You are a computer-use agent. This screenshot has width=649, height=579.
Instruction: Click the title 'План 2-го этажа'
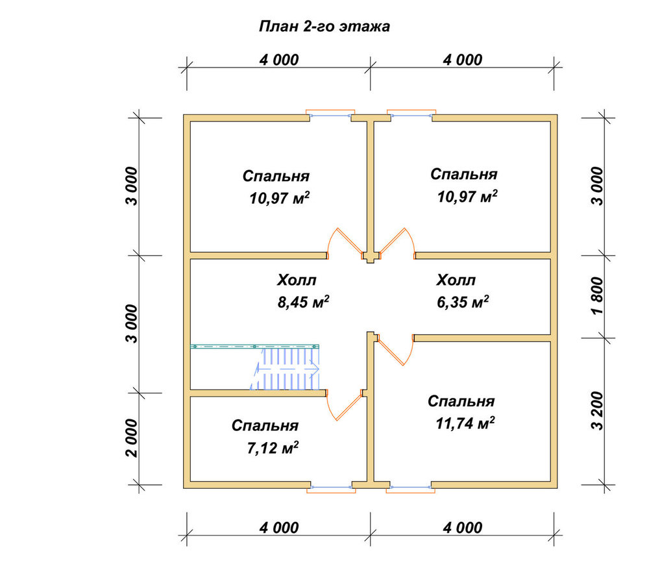[324, 26]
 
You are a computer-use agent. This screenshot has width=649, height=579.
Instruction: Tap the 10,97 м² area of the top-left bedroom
[279, 198]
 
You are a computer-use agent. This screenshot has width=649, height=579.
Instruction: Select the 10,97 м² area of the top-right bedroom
[467, 196]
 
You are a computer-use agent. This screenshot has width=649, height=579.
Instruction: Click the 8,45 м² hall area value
[303, 302]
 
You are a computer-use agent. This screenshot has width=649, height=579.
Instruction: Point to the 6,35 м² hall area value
[463, 302]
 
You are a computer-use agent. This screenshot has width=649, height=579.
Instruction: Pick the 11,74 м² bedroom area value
[465, 423]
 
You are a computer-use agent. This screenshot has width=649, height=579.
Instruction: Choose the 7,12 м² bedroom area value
[273, 447]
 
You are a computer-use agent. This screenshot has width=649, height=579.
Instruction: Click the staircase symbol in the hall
[285, 368]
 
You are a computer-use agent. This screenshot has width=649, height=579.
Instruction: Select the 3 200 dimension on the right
[597, 410]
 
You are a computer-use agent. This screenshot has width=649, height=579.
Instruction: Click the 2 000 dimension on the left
[131, 438]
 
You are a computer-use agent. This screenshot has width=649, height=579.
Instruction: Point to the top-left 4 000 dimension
[279, 60]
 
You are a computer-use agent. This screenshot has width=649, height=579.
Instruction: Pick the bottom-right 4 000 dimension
[462, 528]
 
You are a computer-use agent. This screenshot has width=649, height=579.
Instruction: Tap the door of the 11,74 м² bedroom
[395, 351]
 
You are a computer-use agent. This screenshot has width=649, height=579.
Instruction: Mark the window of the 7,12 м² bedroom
[331, 488]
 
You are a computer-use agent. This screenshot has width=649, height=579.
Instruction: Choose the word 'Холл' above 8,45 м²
[297, 280]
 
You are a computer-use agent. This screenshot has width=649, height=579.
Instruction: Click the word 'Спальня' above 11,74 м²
[461, 401]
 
